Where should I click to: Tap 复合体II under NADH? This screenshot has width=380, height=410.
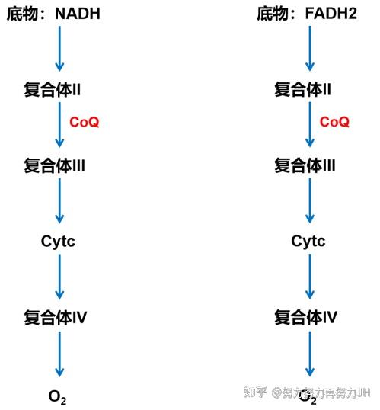pyautogui.click(x=52, y=89)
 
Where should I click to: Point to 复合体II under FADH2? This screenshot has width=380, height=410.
pyautogui.click(x=302, y=89)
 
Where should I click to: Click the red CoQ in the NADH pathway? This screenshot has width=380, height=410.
pyautogui.click(x=85, y=122)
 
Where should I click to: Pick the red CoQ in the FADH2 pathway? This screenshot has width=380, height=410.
pyautogui.click(x=334, y=122)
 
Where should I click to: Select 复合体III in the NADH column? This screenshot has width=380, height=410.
pyautogui.click(x=54, y=165)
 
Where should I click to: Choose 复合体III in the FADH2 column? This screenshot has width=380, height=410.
pyautogui.click(x=305, y=165)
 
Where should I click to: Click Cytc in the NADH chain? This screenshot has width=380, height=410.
pyautogui.click(x=58, y=242)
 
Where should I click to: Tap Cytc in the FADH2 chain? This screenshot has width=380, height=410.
pyautogui.click(x=308, y=242)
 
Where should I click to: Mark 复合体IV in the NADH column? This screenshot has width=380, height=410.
pyautogui.click(x=55, y=317)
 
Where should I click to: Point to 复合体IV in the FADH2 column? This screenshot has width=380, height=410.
pyautogui.click(x=305, y=317)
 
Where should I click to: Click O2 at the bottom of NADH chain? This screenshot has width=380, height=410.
pyautogui.click(x=57, y=397)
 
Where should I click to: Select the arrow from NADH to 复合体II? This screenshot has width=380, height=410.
pyautogui.click(x=59, y=49)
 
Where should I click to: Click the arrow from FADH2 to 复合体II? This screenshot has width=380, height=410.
pyautogui.click(x=310, y=49)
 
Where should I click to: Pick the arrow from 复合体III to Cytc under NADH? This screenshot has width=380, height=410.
pyautogui.click(x=59, y=201)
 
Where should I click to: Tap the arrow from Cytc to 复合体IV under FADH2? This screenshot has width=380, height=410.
pyautogui.click(x=310, y=277)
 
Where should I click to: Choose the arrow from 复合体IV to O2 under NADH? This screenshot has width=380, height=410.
pyautogui.click(x=59, y=354)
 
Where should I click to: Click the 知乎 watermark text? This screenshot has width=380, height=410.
pyautogui.click(x=255, y=392)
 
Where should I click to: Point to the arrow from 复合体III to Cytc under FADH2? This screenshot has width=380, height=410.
pyautogui.click(x=310, y=201)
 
